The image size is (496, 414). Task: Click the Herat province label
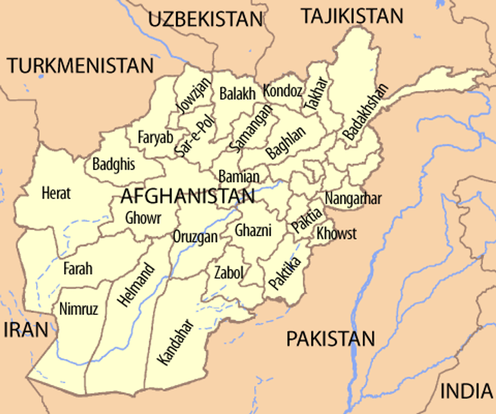[56, 193]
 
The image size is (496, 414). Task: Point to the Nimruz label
[79, 309]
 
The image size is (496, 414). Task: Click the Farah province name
[78, 268]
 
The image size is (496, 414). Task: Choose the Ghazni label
[253, 230]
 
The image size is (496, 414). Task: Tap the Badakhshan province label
[365, 112]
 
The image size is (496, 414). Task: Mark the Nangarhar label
[353, 198]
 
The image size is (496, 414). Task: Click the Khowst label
[336, 234]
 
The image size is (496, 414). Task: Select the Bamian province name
[239, 177]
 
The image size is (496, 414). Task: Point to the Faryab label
[155, 137]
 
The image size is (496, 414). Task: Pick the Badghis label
[114, 165]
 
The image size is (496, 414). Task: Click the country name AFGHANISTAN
[188, 196]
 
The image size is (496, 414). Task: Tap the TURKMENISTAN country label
[81, 66]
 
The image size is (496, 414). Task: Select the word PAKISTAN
[331, 339]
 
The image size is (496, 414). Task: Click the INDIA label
[466, 391]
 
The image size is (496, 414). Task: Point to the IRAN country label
[26, 330]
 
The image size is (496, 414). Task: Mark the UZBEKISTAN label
[205, 19]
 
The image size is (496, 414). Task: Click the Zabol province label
[229, 273]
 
